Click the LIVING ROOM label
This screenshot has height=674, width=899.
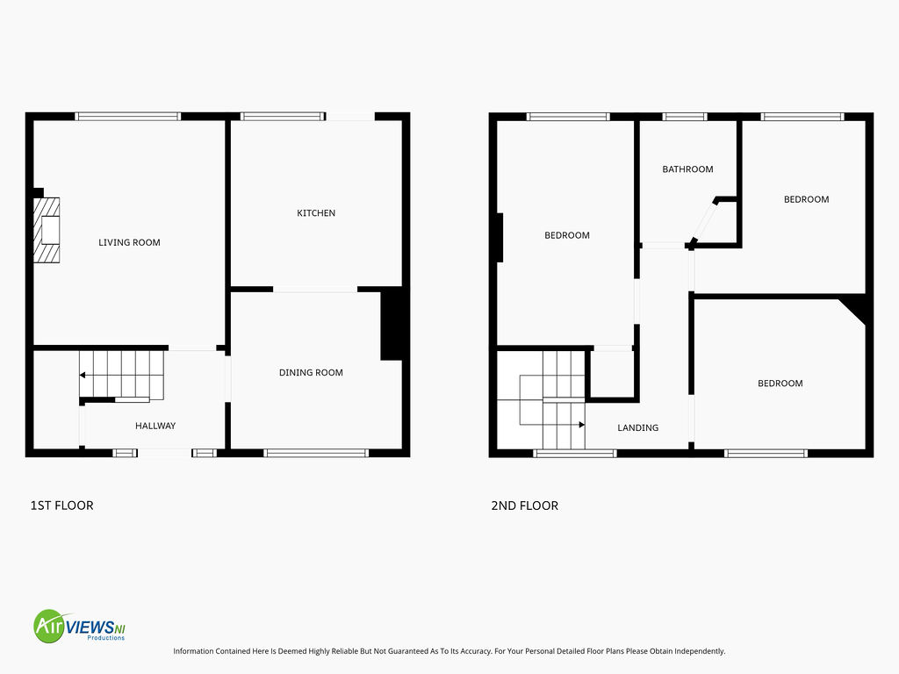tap(129, 242)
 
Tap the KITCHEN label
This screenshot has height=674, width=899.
tap(316, 213)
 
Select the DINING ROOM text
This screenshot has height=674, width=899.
tap(311, 372)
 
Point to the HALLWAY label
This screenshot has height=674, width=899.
tap(155, 426)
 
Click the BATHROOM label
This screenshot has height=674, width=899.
tap(687, 169)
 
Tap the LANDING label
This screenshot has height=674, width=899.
tap(637, 427)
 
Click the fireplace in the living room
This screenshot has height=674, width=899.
tap(47, 231)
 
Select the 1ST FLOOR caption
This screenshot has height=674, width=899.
tap(62, 505)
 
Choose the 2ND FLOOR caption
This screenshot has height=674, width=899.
tap(525, 505)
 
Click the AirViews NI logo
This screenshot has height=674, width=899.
tap(79, 626)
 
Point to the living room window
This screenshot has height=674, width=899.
tap(128, 117)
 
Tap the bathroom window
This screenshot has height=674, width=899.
tap(685, 117)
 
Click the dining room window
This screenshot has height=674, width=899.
tap(316, 454)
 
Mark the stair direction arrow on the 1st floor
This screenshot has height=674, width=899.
tap(121, 375)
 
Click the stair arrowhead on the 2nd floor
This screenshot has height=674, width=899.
tap(581, 425)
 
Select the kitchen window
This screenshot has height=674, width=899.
tap(284, 117)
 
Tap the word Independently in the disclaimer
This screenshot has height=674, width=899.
tap(700, 651)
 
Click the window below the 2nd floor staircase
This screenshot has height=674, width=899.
tap(575, 454)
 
